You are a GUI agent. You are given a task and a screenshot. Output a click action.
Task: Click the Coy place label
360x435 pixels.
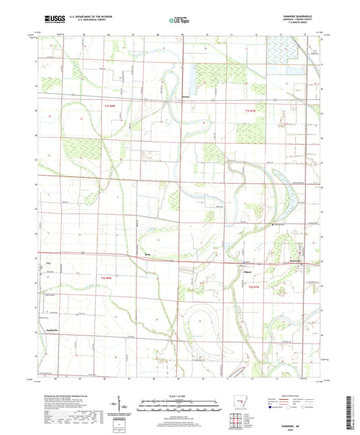47,259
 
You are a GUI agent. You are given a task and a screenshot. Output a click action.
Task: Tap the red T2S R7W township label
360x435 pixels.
254,288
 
